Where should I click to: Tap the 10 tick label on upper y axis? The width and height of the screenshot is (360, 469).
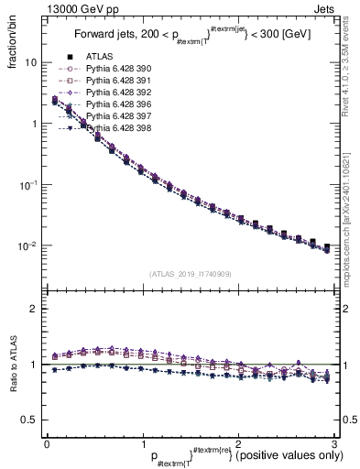click(x=31, y=62)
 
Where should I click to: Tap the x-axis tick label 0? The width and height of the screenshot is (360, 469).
click(x=47, y=442)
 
